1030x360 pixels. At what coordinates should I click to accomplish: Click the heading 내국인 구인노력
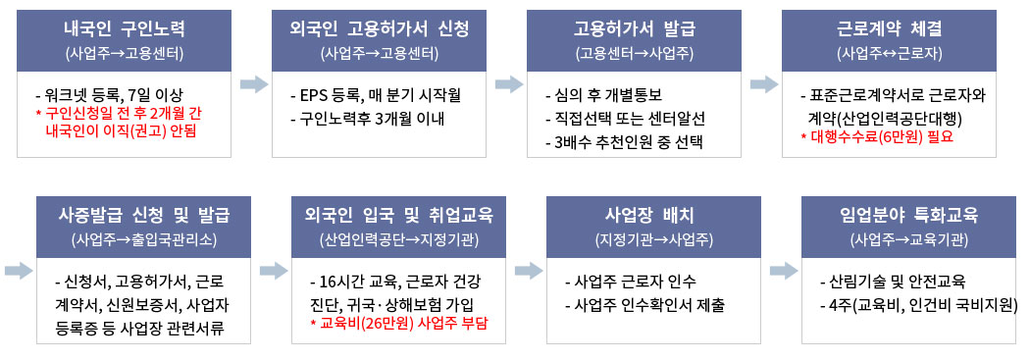coord(125,28)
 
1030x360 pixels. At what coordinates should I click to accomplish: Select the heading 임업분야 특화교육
coord(909,215)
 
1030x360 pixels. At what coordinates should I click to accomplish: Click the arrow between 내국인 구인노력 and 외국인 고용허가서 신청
coord(253,84)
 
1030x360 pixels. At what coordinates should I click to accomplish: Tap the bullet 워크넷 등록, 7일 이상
coord(108,95)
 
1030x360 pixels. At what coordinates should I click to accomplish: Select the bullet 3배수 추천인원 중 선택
coord(629,142)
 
